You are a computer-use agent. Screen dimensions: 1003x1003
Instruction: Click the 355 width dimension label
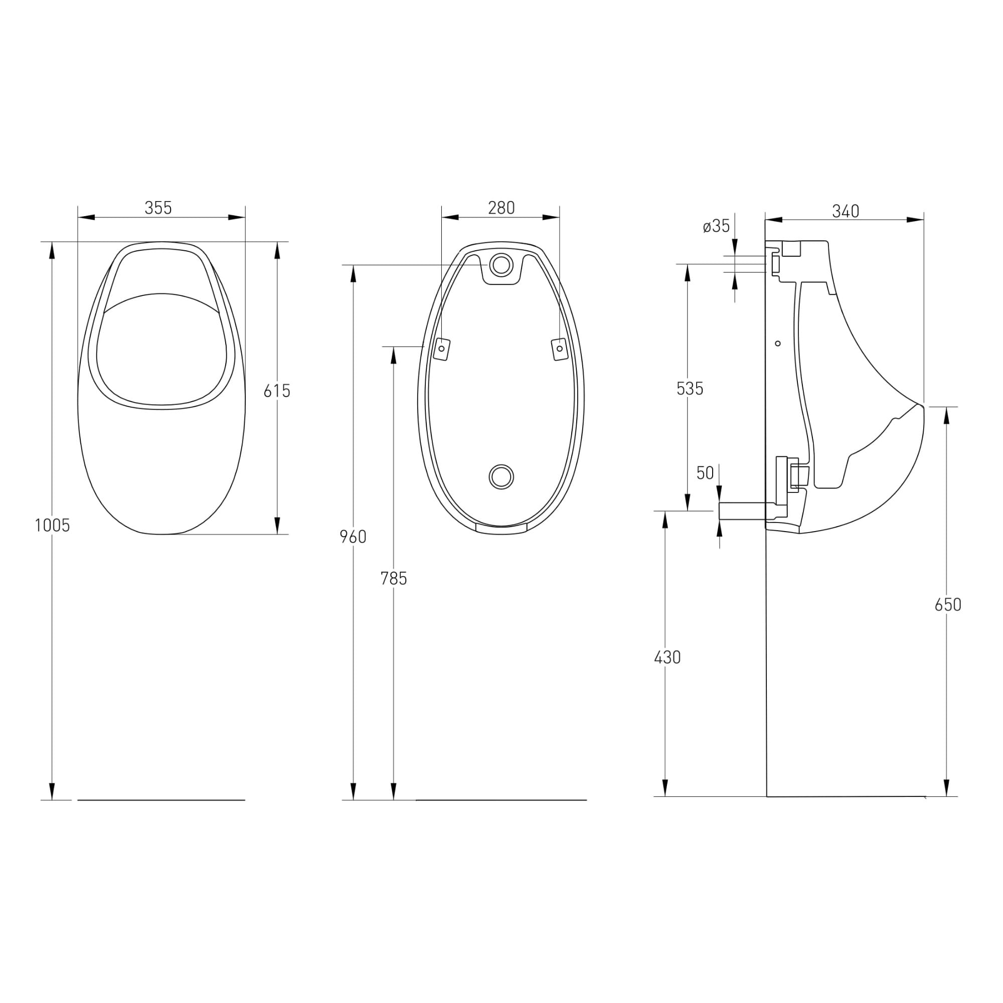[x=158, y=208]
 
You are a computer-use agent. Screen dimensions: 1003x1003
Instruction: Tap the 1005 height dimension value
[x=52, y=526]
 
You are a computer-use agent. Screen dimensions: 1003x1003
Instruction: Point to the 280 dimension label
[x=501, y=208]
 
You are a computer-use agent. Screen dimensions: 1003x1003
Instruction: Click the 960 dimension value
[x=353, y=537]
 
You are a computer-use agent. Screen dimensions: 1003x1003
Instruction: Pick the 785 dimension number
[x=394, y=578]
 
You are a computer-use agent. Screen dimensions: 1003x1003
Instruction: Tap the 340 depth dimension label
[x=846, y=211]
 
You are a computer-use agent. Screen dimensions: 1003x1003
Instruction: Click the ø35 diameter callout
[x=717, y=226]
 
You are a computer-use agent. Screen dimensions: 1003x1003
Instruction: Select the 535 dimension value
[x=690, y=388]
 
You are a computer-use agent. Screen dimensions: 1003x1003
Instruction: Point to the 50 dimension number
[x=705, y=473]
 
